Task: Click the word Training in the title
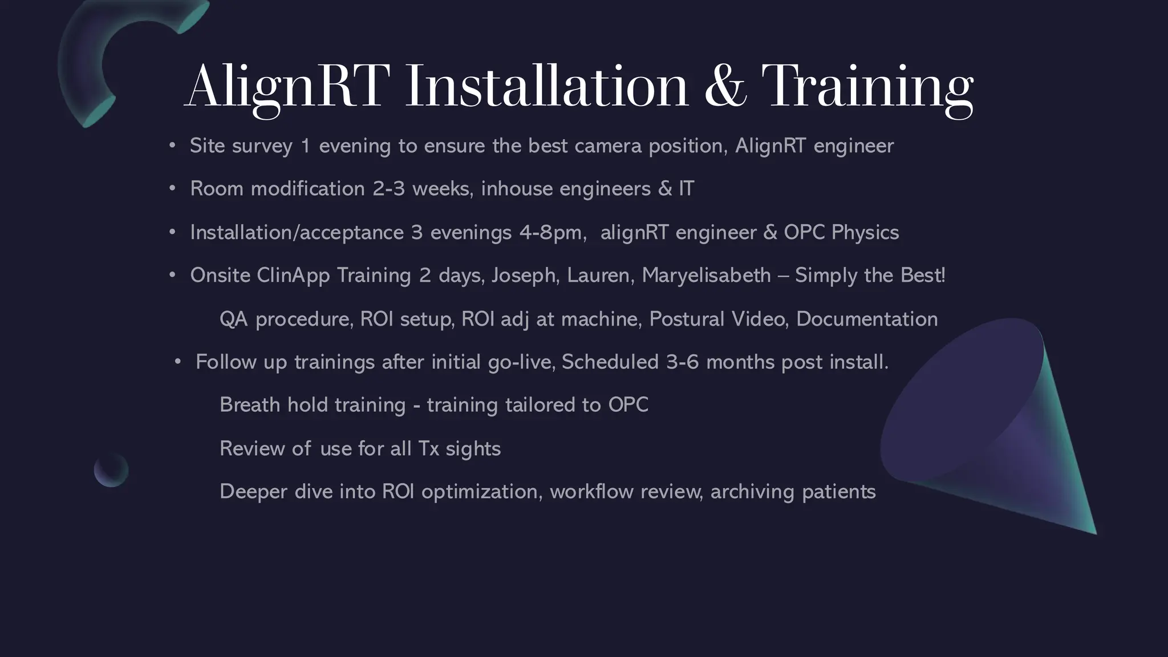[x=867, y=87]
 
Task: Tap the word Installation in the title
[x=546, y=87]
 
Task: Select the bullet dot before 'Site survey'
[x=172, y=145]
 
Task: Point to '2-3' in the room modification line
[x=388, y=189]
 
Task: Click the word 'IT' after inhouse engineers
[x=686, y=189]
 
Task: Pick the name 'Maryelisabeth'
[x=706, y=275]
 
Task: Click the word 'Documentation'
[x=866, y=319]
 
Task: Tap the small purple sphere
[x=111, y=469]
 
